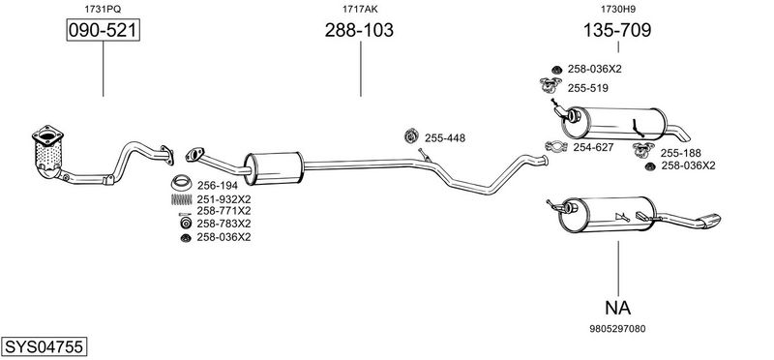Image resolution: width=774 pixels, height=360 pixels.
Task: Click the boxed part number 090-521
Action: click(104, 30)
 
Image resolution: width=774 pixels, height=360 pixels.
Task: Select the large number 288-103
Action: click(359, 30)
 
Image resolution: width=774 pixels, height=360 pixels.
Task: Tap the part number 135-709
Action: click(617, 30)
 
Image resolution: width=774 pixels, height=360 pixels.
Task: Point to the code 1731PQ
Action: click(103, 9)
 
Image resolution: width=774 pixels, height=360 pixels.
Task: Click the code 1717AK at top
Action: click(360, 9)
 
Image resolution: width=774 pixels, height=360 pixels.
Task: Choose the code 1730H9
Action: click(618, 9)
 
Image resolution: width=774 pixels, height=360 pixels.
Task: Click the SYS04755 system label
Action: click(44, 346)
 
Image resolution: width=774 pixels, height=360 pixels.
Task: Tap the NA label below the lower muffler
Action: click(617, 308)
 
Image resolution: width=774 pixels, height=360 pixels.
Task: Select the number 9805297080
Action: click(617, 328)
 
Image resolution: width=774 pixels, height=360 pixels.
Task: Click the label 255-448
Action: click(445, 138)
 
